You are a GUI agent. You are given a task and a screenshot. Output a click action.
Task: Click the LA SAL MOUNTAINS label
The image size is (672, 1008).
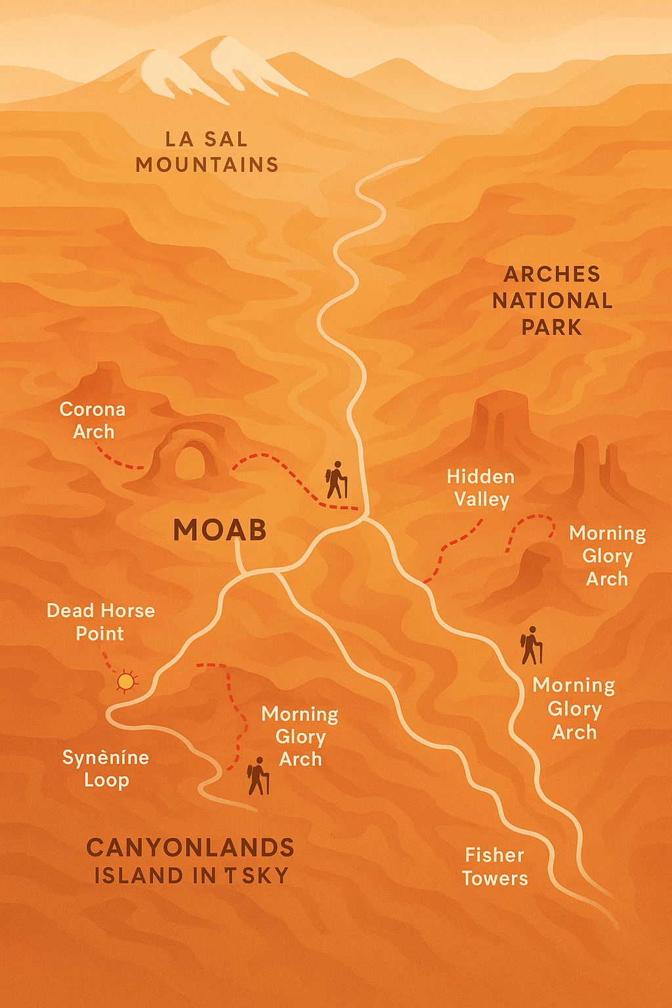pyautogui.click(x=207, y=152)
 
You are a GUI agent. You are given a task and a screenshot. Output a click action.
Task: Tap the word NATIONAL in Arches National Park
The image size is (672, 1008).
pyautogui.click(x=552, y=301)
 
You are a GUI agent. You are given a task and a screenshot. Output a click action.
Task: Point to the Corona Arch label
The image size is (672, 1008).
pyautogui.click(x=93, y=420)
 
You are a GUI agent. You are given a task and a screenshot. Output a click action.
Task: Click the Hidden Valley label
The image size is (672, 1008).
pyautogui.click(x=481, y=488)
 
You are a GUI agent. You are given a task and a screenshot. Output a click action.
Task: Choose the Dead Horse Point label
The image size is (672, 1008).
pyautogui.click(x=100, y=622)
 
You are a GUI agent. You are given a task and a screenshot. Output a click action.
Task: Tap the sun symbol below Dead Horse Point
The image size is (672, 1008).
pyautogui.click(x=126, y=682)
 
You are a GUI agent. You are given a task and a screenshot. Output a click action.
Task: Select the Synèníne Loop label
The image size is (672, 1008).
pyautogui.click(x=106, y=768)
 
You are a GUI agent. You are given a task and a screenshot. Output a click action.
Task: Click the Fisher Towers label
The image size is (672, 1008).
pyautogui.click(x=495, y=866)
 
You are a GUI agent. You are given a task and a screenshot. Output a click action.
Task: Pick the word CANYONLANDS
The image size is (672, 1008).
pyautogui.click(x=190, y=848)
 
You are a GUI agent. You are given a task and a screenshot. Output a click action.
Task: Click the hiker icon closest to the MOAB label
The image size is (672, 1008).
pyautogui.click(x=337, y=480)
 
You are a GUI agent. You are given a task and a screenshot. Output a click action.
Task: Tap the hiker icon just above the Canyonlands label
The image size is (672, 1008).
pyautogui.click(x=258, y=777)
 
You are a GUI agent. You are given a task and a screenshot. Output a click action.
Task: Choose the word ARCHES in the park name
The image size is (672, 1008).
pyautogui.click(x=552, y=274)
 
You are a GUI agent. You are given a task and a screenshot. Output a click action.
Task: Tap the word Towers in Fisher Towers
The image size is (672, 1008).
pyautogui.click(x=495, y=879)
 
